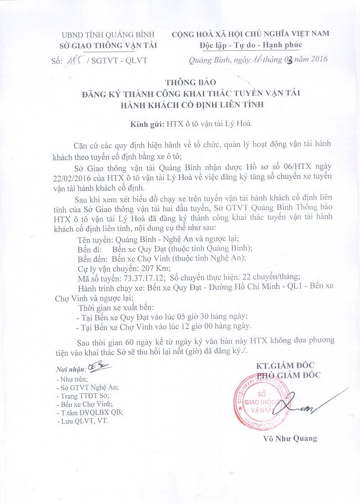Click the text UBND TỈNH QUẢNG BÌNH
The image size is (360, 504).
(108, 35)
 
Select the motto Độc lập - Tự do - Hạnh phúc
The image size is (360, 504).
(251, 45)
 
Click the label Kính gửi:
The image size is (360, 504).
(146, 123)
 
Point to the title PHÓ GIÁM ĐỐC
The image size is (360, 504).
(288, 375)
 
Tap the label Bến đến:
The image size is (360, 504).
(92, 258)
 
